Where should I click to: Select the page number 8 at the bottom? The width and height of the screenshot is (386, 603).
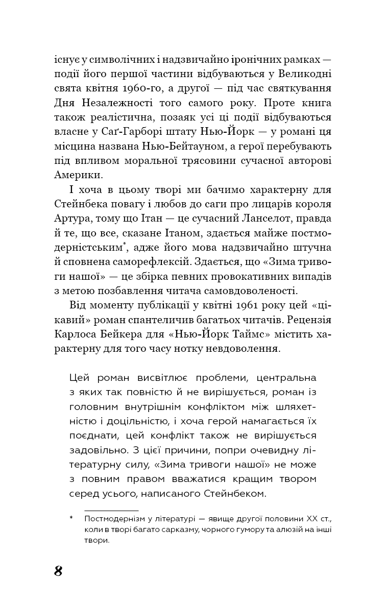(58, 570)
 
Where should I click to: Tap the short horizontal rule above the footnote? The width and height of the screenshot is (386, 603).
(111, 510)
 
